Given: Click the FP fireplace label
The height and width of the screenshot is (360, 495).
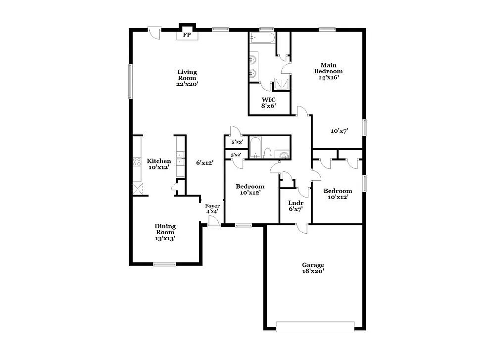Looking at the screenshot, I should pos(187,35).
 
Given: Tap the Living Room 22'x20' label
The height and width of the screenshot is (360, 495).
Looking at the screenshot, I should pos(187,78).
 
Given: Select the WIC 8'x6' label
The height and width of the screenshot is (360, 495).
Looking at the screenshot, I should pos(269,103).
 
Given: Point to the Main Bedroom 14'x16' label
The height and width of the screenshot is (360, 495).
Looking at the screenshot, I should pos(328,71).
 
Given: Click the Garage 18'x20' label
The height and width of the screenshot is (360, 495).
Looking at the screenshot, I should pos(314,268).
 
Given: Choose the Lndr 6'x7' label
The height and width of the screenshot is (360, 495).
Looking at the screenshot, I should pos(296,206).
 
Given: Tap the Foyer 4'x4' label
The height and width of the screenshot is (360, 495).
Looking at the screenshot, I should pos(212,208).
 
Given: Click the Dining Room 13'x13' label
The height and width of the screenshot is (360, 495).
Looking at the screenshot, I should pos(165,232).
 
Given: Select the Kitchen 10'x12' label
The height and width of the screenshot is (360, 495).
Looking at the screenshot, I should pos(159,164).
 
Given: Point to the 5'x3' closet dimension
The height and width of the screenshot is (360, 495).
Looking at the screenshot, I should pos(237,143).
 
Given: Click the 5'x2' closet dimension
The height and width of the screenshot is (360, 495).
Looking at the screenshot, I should pos(236,155).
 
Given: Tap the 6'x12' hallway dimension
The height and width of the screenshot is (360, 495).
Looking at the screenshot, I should pos(204,162).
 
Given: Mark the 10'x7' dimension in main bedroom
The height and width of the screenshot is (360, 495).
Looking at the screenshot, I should pos(340,131).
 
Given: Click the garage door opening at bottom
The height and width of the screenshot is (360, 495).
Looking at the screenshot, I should pos(315,327).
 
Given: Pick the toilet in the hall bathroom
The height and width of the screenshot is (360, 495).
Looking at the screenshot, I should pos(267,153).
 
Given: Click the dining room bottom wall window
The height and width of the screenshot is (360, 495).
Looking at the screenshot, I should pos(164,263).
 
